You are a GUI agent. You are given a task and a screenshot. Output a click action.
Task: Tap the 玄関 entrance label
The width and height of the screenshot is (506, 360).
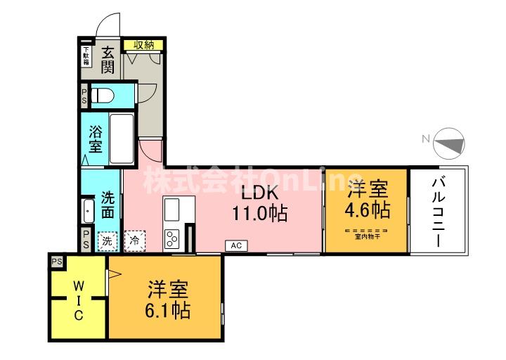[108, 59]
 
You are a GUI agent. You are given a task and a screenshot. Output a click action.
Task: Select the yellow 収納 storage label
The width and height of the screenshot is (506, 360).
[143, 45]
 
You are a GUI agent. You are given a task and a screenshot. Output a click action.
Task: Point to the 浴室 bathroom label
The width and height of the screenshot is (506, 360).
[96, 139]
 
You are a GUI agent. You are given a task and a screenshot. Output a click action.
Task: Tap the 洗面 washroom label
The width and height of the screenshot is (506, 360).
[108, 204]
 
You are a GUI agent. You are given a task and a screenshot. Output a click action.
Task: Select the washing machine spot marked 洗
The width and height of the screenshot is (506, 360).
[107, 240]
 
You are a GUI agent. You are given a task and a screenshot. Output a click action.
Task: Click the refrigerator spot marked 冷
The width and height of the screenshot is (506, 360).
[134, 240]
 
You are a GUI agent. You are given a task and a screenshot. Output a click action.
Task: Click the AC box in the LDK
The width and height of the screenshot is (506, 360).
[235, 245]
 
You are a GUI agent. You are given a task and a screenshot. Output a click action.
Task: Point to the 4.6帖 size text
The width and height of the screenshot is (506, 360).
[367, 210]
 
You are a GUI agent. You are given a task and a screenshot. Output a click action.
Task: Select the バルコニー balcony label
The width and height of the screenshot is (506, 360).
[436, 211]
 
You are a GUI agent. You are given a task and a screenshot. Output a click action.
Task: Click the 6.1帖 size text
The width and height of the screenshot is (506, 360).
[167, 309]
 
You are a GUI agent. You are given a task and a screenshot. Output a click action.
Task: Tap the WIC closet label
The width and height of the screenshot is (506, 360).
[79, 301]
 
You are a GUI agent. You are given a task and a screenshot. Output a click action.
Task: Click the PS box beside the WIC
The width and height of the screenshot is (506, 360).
[56, 262]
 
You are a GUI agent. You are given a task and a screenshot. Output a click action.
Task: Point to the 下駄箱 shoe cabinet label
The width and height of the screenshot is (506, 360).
[86, 55]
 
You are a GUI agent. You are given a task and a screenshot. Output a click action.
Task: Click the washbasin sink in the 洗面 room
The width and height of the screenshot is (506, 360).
[88, 210]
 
